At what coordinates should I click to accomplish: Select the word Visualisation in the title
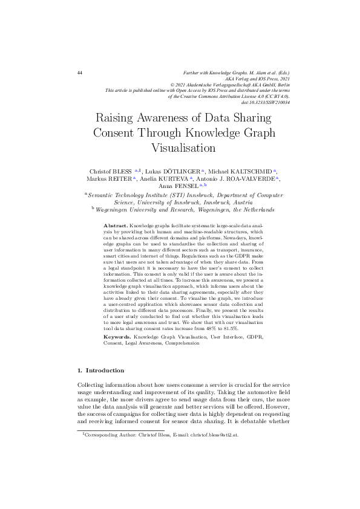(x=180, y=147)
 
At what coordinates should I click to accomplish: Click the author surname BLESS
(x=122, y=171)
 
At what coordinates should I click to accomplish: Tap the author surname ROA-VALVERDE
(x=249, y=180)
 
